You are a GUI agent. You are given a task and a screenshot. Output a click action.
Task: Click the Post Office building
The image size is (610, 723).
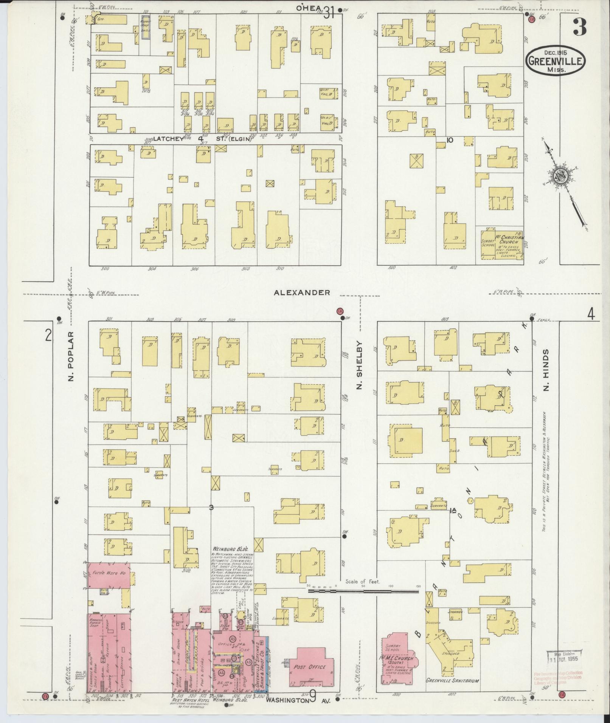point(312,667)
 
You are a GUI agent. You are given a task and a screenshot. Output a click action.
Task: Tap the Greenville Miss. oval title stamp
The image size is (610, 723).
point(556,60)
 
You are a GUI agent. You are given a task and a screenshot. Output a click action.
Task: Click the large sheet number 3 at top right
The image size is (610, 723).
point(579,26)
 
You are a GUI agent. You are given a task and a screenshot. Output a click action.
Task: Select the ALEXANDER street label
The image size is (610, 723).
point(302,293)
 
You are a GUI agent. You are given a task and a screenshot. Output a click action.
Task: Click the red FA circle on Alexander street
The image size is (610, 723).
point(340,311)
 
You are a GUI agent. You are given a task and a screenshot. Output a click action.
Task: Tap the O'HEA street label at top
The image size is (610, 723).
point(308,8)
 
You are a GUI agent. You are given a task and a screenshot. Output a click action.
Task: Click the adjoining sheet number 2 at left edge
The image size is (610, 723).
point(48,335)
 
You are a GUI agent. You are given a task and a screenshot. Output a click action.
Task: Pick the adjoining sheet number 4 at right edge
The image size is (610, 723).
point(591,314)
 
